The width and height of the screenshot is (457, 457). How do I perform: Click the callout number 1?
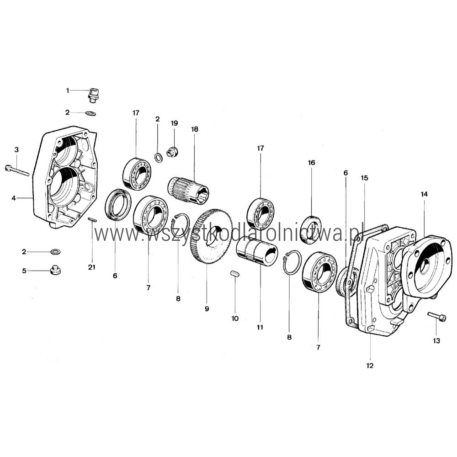pyautogui.click(x=68, y=90)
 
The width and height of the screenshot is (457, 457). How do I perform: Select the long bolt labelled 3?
pyautogui.click(x=17, y=170)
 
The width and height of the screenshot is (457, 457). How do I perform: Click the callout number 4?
pyautogui.click(x=14, y=198)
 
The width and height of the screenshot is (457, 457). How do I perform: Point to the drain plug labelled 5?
pyautogui.click(x=55, y=270)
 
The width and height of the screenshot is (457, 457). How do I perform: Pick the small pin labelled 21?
pyautogui.click(x=92, y=220)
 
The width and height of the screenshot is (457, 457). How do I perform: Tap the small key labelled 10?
pyautogui.click(x=234, y=273)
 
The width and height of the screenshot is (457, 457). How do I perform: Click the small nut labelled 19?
pyautogui.click(x=172, y=152)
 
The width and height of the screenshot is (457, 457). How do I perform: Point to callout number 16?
pyautogui.click(x=312, y=163)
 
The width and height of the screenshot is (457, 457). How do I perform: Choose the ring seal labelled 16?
pyautogui.click(x=311, y=229)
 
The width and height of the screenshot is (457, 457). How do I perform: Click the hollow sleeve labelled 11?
pyautogui.click(x=257, y=250)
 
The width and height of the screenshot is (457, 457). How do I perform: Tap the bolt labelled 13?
pyautogui.click(x=437, y=317)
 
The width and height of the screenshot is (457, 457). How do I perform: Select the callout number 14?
pyautogui.click(x=424, y=194)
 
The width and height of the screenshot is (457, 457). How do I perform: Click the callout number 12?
pyautogui.click(x=370, y=366)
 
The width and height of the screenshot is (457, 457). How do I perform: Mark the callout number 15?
pyautogui.click(x=364, y=178)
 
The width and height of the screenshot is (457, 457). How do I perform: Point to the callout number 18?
pyautogui.click(x=194, y=129)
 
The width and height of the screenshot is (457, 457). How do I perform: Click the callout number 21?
pyautogui.click(x=91, y=267)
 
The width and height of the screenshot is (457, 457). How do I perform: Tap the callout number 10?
pyautogui.click(x=235, y=319)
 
